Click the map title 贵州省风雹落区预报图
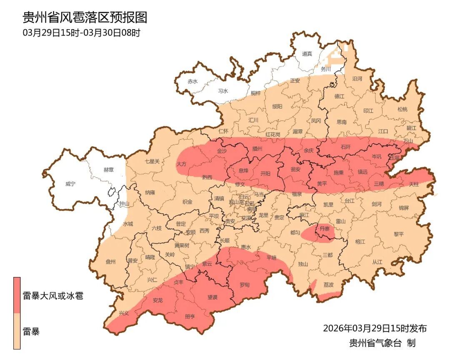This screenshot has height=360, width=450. pyautogui.click(x=85, y=17)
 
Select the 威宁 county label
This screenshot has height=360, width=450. pyautogui.click(x=71, y=184)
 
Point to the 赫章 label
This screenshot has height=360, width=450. pyautogui.click(x=108, y=170)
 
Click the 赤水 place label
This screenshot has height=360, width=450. pyautogui.click(x=192, y=82)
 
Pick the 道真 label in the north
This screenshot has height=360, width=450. pyautogui.click(x=307, y=54)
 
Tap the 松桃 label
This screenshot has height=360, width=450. pyautogui.click(x=402, y=110)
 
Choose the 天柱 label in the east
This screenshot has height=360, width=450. pyautogui.click(x=413, y=184)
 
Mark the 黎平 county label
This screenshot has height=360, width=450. pyautogui.click(x=399, y=234)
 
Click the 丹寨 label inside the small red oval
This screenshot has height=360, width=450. pyautogui.click(x=325, y=228)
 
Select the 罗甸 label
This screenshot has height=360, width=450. pyautogui.click(x=245, y=285)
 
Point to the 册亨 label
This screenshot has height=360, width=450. pyautogui.click(x=190, y=317)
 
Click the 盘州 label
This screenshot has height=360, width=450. pyautogui.click(x=110, y=262)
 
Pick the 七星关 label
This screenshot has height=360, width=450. pyautogui.click(x=152, y=161)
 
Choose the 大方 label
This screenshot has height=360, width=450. pyautogui.click(x=181, y=164)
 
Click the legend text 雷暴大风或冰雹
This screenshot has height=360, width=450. pyautogui.click(x=53, y=296)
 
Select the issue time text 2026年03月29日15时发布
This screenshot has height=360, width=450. pyautogui.click(x=375, y=328)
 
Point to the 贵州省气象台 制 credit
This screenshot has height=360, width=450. pyautogui.click(x=382, y=343)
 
